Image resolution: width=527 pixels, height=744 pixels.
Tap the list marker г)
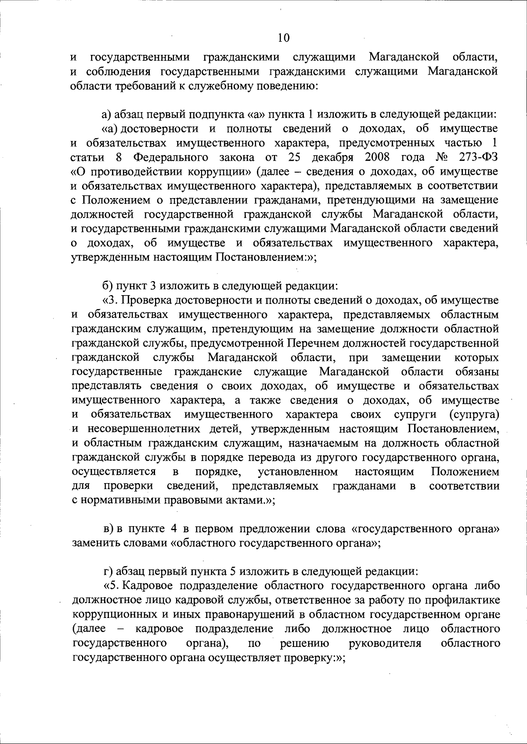click(108, 572)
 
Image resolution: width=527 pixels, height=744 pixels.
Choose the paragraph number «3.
click(110, 300)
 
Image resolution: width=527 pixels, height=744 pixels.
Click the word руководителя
click(385, 644)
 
